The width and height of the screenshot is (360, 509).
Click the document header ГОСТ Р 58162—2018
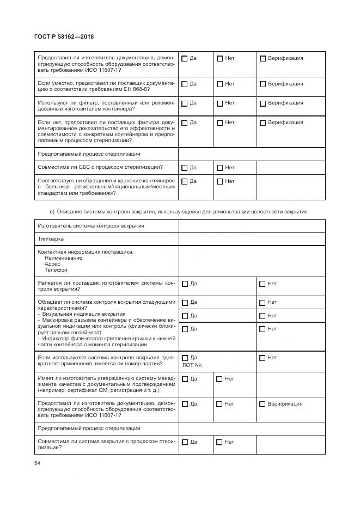pyautogui.click(x=64, y=36)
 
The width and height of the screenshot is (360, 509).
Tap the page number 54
pyautogui.click(x=37, y=463)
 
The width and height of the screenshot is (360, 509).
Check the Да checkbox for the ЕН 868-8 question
pyautogui.click(x=185, y=84)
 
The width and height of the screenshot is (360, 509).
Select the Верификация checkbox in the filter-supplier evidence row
pyautogui.click(x=263, y=123)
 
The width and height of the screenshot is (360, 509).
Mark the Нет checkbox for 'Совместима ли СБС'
pyautogui.click(x=219, y=168)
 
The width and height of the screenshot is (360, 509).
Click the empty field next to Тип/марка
pyautogui.click(x=252, y=239)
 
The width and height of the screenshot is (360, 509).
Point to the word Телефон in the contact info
pyautogui.click(x=56, y=269)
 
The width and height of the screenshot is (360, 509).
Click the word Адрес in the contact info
pyautogui.click(x=53, y=263)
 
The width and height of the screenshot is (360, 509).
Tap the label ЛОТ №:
pyautogui.click(x=193, y=365)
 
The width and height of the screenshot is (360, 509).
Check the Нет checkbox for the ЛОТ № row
pyautogui.click(x=263, y=358)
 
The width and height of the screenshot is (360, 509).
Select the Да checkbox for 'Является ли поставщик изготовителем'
pyautogui.click(x=185, y=284)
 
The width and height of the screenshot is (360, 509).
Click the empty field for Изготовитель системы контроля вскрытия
pyautogui.click(x=252, y=226)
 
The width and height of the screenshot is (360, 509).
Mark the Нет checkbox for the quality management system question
pyautogui.click(x=219, y=379)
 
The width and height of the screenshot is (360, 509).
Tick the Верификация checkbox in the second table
pyautogui.click(x=263, y=404)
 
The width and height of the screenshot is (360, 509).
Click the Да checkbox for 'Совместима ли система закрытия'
pyautogui.click(x=185, y=442)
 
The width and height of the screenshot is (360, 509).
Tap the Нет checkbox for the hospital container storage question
pyautogui.click(x=219, y=182)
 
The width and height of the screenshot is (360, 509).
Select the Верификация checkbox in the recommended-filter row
pyautogui.click(x=263, y=103)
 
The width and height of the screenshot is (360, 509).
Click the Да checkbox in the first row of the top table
pyautogui.click(x=185, y=59)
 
